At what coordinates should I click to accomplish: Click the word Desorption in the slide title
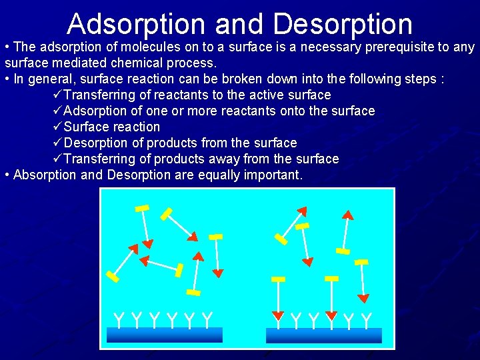click(343, 24)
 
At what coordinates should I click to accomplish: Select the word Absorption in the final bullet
click(43, 175)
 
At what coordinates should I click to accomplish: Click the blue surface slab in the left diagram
click(165, 335)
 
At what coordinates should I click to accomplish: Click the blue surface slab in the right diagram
click(323, 335)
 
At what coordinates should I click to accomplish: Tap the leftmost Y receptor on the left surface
click(119, 319)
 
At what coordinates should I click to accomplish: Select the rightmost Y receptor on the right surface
click(366, 320)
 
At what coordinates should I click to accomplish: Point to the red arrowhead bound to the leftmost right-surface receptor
click(279, 315)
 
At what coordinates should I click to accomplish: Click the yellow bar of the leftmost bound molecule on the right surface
click(279, 279)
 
